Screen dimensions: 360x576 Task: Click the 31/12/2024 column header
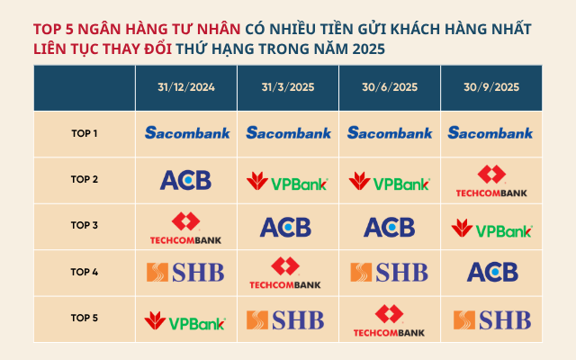click(187, 87)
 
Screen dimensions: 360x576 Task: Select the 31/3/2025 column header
click(288, 87)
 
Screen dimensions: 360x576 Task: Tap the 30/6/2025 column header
click(390, 87)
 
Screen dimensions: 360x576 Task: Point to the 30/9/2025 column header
click(491, 87)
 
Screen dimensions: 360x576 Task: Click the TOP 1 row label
click(85, 133)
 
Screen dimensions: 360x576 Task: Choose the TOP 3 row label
click(85, 225)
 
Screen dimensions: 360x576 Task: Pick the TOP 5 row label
click(85, 317)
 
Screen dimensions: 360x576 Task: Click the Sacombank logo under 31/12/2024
click(187, 133)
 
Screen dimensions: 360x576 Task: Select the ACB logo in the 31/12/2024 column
click(185, 180)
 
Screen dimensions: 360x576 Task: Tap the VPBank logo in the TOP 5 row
click(186, 319)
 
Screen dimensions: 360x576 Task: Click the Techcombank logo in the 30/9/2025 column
click(491, 181)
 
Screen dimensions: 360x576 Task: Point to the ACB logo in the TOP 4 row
click(491, 272)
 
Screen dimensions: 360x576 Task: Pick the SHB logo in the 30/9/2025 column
click(491, 319)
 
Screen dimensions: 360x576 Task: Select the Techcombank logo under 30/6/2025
click(389, 320)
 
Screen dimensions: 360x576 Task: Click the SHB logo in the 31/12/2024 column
click(185, 272)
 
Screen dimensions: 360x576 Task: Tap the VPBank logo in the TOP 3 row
click(491, 229)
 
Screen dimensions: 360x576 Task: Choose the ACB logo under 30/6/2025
click(389, 227)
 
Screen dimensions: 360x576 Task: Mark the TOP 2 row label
click(85, 179)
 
